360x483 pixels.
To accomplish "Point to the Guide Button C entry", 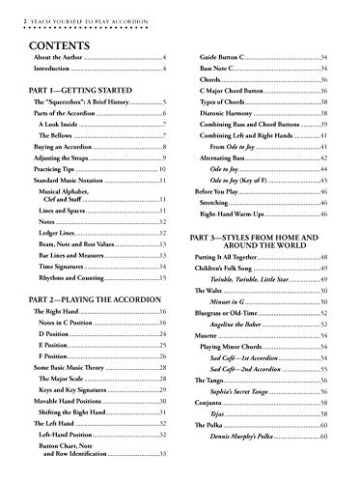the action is tap(218, 60).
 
